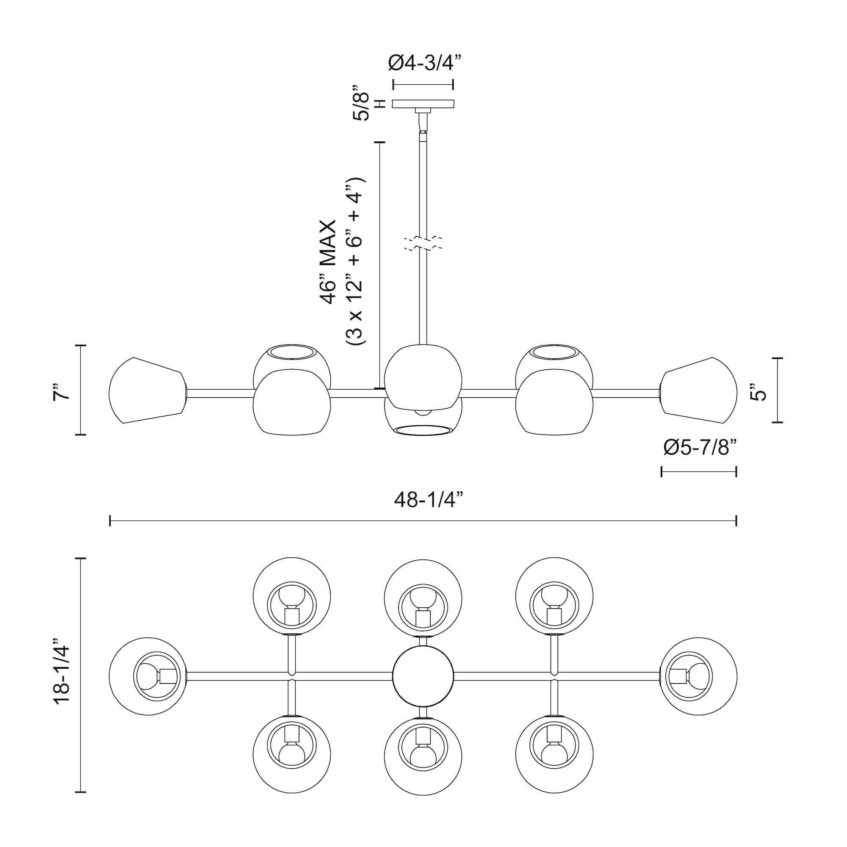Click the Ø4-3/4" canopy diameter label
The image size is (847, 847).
point(425,63)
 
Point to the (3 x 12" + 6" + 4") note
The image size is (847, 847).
point(355,262)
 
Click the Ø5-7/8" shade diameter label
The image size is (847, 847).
point(699,448)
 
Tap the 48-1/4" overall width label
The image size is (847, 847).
point(429,499)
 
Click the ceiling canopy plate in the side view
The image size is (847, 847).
point(423,104)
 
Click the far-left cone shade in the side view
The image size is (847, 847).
point(147,390)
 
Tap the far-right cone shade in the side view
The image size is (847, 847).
point(699,390)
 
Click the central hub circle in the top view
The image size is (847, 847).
point(423,676)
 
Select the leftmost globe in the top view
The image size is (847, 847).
point(147,676)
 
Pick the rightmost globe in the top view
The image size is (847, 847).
point(699,676)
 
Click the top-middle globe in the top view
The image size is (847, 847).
point(423,598)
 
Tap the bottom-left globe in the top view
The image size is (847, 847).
point(292,755)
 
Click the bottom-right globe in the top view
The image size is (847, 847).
point(555,755)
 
